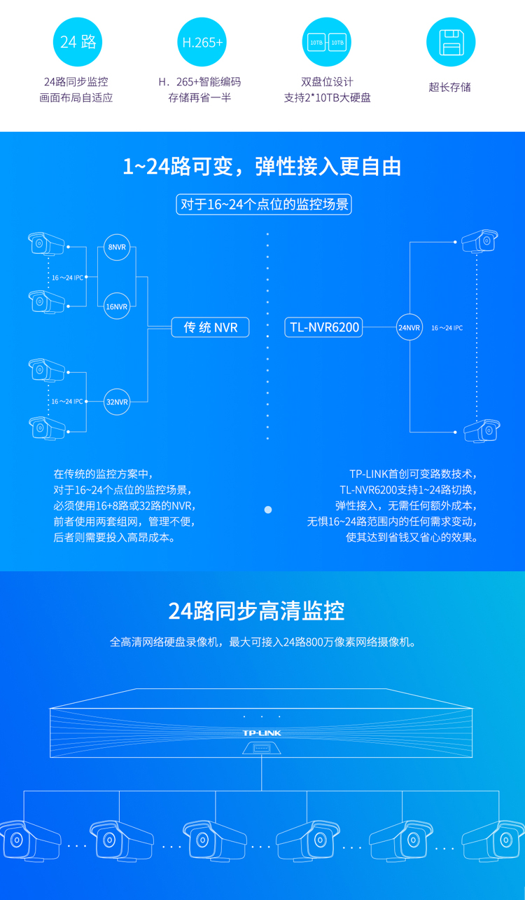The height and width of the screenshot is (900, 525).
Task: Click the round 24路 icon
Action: (78, 42)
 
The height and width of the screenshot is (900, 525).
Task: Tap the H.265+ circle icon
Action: (202, 42)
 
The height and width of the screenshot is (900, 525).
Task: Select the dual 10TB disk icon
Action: (327, 42)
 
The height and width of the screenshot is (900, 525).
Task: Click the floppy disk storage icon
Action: (451, 42)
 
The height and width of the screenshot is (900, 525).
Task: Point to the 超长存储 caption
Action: (450, 87)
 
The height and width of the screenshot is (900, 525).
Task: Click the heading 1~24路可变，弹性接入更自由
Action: (262, 167)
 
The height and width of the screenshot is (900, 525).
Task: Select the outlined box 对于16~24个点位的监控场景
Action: (264, 205)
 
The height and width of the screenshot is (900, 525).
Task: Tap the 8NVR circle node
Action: (117, 247)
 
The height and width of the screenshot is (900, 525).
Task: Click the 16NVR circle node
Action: (117, 306)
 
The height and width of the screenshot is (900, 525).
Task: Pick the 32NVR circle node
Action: (117, 402)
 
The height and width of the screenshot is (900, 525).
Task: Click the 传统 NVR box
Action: (211, 327)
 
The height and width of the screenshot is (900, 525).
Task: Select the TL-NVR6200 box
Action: (324, 327)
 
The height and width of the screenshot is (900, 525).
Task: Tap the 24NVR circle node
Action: (409, 327)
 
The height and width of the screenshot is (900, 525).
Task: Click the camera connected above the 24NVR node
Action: (480, 240)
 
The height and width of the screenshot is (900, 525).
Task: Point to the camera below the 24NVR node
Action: (482, 430)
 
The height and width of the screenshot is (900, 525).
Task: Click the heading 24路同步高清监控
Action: (256, 611)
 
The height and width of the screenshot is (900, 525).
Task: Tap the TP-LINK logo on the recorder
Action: (262, 732)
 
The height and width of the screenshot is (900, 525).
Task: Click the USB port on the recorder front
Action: (262, 749)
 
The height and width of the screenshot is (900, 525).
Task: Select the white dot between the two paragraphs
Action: (268, 510)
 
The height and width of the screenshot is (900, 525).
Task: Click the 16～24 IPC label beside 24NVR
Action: (447, 327)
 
